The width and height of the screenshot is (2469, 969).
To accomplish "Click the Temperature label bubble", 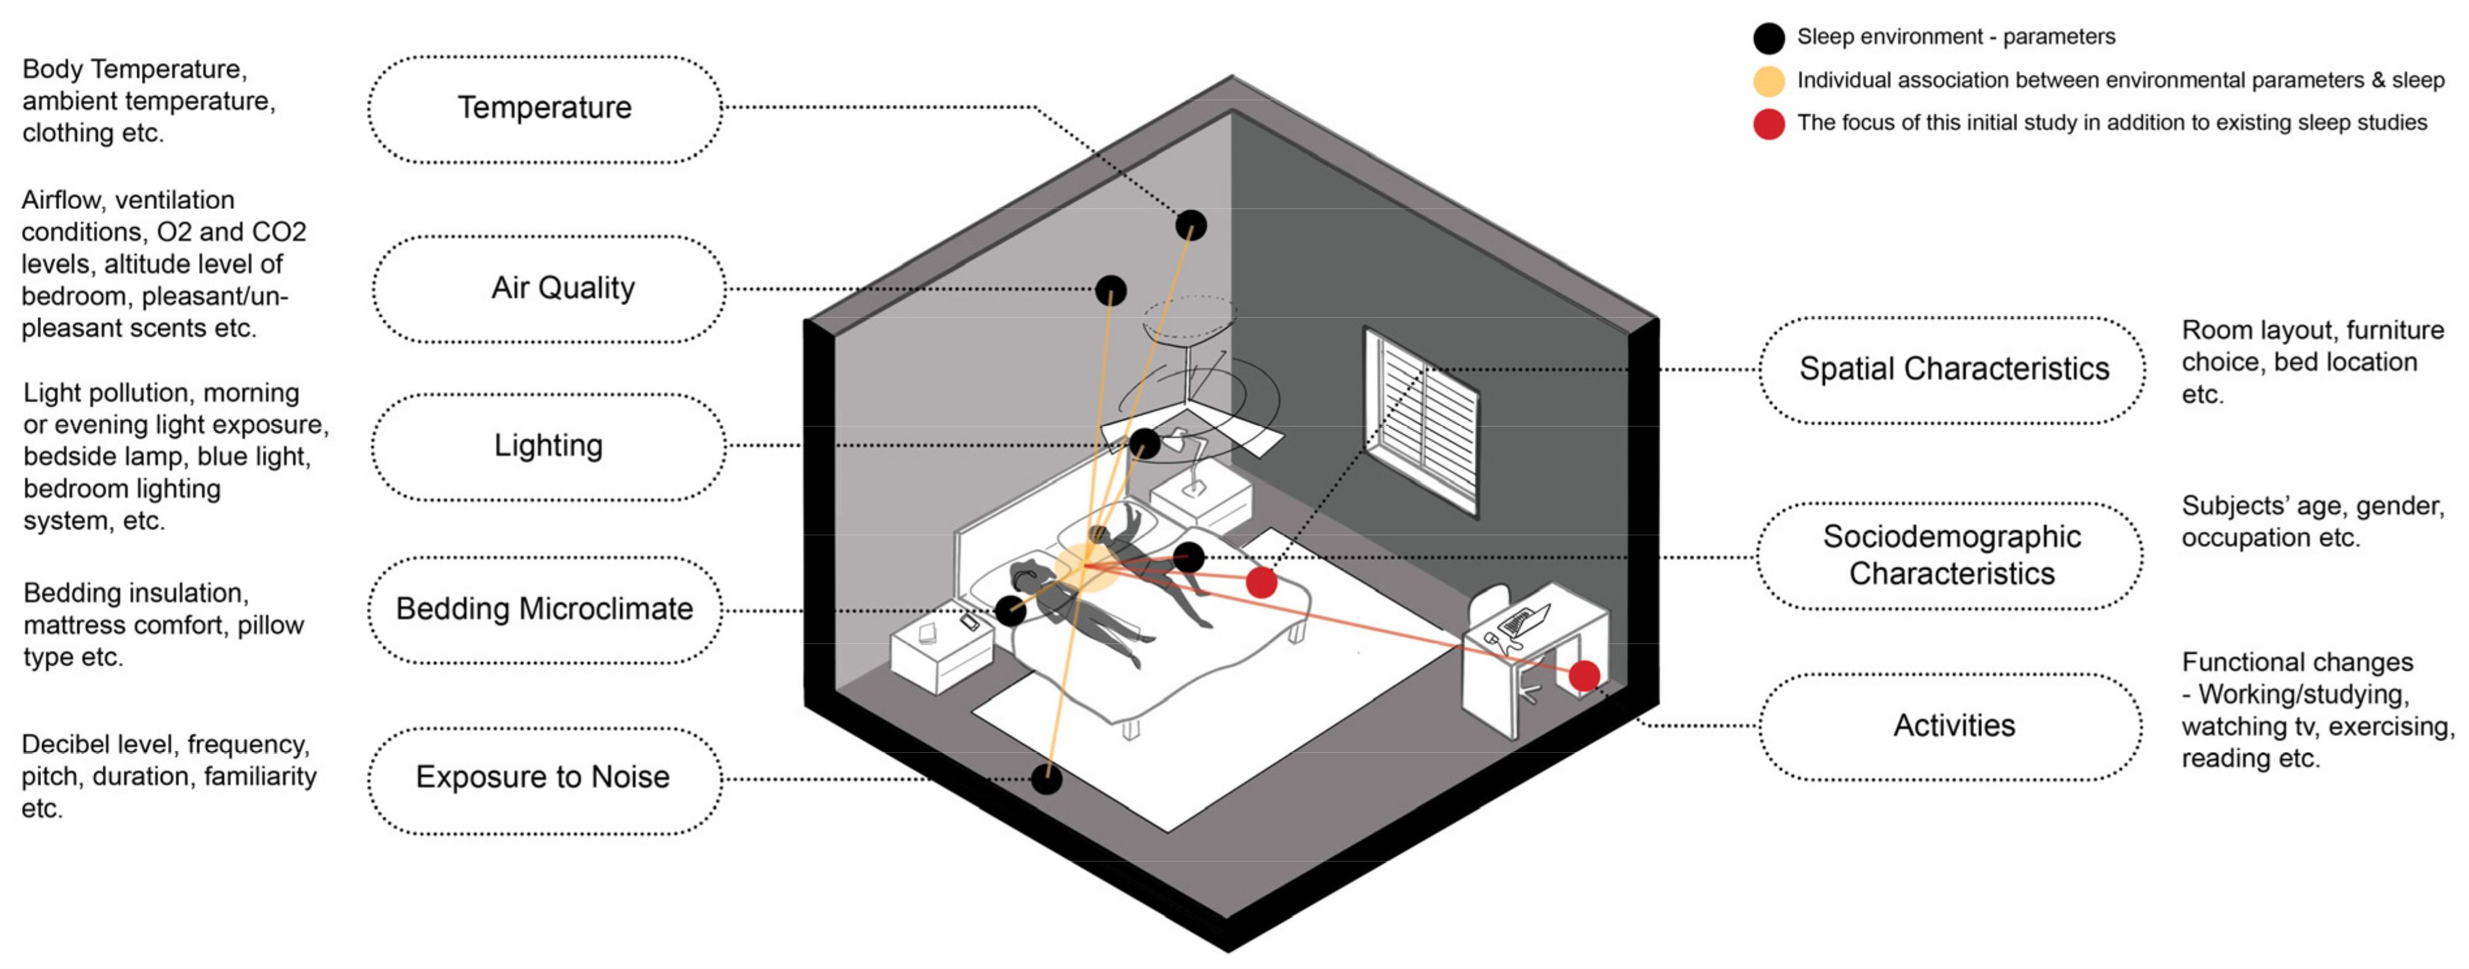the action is click(x=544, y=108).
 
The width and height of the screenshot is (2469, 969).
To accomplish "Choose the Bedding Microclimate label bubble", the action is click(x=544, y=610).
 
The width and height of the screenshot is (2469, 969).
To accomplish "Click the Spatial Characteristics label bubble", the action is click(x=1953, y=370).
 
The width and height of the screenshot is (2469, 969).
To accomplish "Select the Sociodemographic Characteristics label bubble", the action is click(x=1951, y=556).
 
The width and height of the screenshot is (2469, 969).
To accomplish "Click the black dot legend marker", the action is click(x=1768, y=38).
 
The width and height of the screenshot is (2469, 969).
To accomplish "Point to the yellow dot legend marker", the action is click(x=1768, y=81).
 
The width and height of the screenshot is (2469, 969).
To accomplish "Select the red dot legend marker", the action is click(x=1768, y=124).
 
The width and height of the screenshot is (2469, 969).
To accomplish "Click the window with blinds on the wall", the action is click(x=1421, y=420).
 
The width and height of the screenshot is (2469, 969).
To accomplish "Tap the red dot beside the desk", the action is click(x=1584, y=676).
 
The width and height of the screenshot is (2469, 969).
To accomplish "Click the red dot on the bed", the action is click(x=1261, y=582).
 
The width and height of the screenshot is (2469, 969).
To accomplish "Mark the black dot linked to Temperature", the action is click(x=1192, y=225).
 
